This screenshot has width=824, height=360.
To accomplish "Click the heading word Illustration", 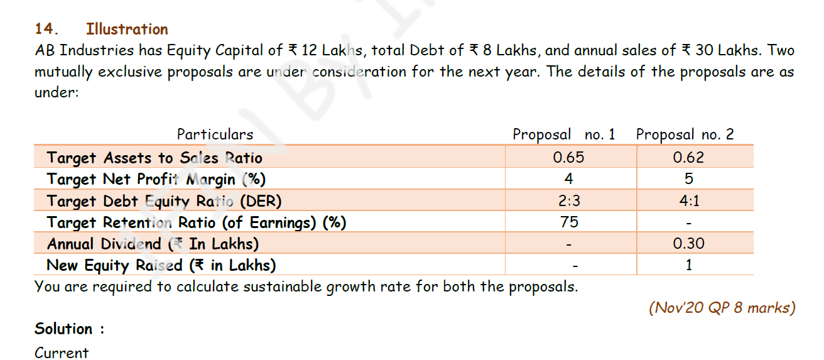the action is pos(127,29).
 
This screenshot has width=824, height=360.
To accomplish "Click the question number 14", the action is pos(46,29).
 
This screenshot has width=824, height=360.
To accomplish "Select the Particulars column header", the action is pos(215,134).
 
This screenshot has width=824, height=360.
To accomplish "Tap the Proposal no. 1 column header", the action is pos(564,134).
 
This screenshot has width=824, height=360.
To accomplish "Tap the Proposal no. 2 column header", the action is pos(685,134).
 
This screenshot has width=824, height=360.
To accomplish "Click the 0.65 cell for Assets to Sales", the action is pos(569,158).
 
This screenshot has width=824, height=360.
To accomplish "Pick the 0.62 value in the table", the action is pos(688,158).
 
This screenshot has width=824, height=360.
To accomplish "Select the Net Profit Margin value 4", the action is pos(569,179).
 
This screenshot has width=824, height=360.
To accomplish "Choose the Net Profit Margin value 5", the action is pos(688,179).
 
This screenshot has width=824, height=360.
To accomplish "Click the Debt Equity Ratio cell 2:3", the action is pos(569,201).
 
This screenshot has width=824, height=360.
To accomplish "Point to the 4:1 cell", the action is pos(689,201).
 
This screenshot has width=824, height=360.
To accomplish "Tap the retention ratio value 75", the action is pos(569,222).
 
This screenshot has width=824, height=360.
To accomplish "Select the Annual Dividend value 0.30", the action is pos(688,244).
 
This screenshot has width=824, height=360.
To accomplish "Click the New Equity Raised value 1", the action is pos(689,265).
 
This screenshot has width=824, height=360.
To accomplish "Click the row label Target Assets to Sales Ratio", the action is pos(154,158).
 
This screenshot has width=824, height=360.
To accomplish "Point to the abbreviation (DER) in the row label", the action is pos(261,201).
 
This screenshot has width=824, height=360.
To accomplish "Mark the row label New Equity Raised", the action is pos(114,265).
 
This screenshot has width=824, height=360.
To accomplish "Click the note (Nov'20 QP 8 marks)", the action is pos(722,308).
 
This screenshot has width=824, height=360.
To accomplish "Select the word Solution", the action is pos(63,329).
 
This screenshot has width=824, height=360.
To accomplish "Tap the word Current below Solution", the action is pos(62,352).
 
